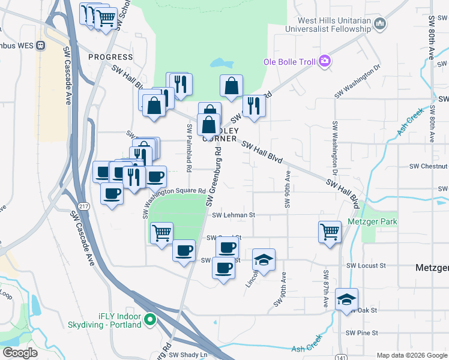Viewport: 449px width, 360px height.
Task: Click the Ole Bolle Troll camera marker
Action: pyautogui.click(x=325, y=60)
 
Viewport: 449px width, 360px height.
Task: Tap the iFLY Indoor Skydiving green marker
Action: pyautogui.click(x=151, y=319)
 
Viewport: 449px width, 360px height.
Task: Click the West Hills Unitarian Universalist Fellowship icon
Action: pyautogui.click(x=379, y=24)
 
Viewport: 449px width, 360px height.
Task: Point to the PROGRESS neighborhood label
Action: pyautogui.click(x=110, y=57)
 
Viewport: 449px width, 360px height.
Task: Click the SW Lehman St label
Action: pyautogui.click(x=234, y=214)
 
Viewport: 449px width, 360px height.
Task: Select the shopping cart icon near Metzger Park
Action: pyautogui.click(x=330, y=231)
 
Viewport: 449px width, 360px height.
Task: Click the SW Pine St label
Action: pyautogui.click(x=361, y=332)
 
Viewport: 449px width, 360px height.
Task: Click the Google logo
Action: pyautogui.click(x=20, y=352)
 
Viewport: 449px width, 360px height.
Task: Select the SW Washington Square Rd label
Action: pyautogui.click(x=174, y=191)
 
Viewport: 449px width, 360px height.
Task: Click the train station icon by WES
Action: pyautogui.click(x=41, y=45)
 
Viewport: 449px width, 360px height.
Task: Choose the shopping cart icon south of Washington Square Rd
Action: pyautogui.click(x=161, y=232)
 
